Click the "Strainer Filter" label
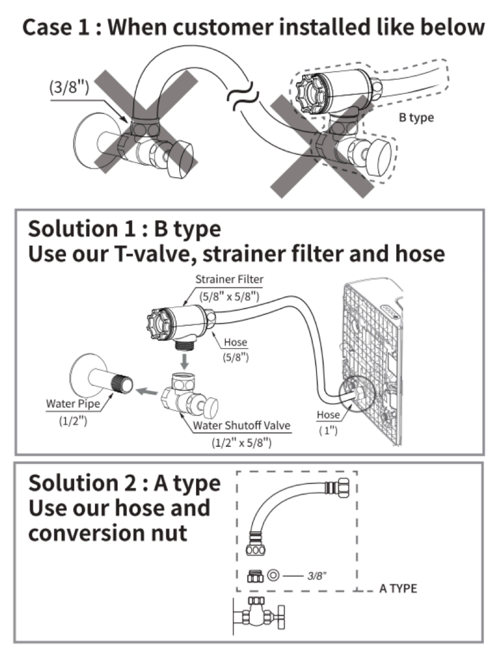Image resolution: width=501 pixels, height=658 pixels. point(229,279)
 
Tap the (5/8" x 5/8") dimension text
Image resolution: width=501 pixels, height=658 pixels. point(229,297)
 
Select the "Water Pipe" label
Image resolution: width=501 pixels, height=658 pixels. point(73,404)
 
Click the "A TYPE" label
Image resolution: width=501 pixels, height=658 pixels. point(398,589)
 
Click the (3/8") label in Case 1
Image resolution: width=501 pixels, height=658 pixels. point(69,87)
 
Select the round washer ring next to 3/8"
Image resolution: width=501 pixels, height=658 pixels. point(273,575)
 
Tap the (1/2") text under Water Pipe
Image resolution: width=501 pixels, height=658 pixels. point(73,421)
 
